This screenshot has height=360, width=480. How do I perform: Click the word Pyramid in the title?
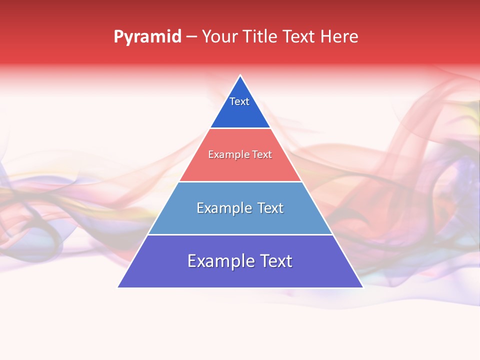pyautogui.click(x=147, y=37)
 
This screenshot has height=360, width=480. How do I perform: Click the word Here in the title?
pyautogui.click(x=339, y=37)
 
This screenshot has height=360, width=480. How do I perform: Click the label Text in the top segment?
pyautogui.click(x=239, y=101)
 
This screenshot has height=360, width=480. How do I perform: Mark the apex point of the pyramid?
pyautogui.click(x=240, y=75)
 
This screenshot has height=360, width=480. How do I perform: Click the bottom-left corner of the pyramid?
pyautogui.click(x=118, y=287)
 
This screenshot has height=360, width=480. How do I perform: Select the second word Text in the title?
pyautogui.click(x=299, y=37)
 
